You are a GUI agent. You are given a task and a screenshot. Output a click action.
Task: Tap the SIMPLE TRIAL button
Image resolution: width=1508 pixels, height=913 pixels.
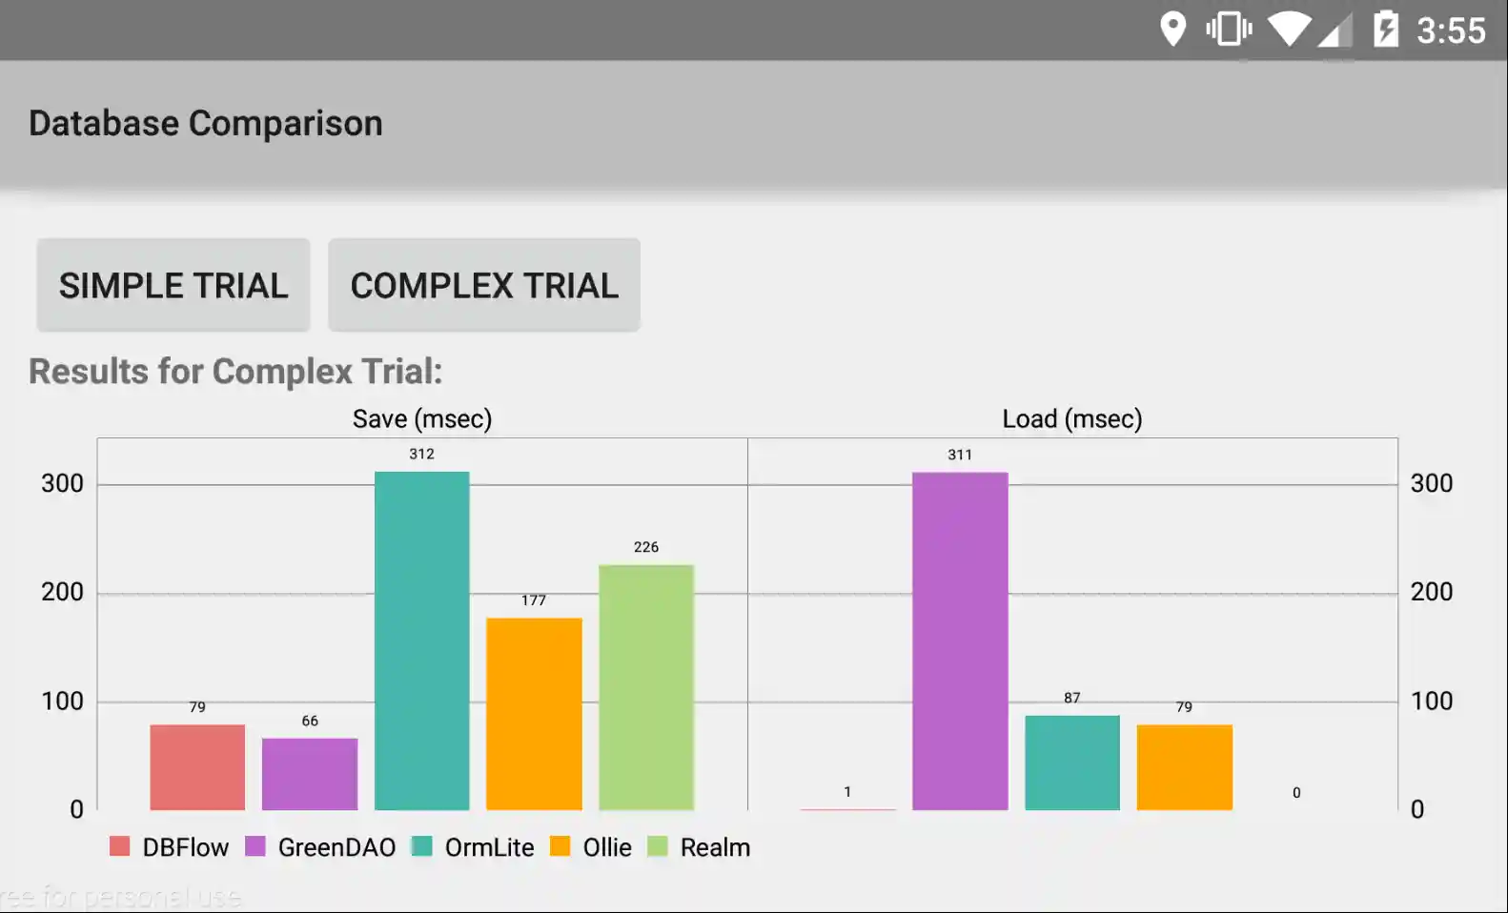[x=173, y=286]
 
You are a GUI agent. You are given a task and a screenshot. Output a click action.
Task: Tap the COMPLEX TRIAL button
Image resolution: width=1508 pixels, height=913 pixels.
[x=484, y=286]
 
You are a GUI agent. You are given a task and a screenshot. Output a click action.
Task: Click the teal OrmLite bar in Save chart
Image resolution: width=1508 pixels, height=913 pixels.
[x=421, y=640]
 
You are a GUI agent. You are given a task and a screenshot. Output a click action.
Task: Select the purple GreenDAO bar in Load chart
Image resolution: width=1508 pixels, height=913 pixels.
[x=960, y=640]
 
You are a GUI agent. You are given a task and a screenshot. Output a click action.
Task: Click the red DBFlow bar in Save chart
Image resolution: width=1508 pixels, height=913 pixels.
[x=197, y=767]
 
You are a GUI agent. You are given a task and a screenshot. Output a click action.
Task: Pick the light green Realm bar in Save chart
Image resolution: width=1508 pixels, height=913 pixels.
[x=646, y=687]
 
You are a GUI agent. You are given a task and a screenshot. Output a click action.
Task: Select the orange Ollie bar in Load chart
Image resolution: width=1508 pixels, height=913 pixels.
[x=1184, y=767]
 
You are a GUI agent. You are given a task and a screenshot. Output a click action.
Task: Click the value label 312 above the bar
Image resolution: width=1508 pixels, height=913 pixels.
[x=421, y=455]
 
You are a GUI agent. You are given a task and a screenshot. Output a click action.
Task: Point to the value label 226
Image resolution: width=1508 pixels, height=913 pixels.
[x=646, y=547]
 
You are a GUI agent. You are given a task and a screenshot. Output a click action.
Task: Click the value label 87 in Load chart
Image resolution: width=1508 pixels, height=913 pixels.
[x=1072, y=698]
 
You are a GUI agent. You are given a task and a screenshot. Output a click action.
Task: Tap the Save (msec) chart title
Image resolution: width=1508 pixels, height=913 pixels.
[x=422, y=419]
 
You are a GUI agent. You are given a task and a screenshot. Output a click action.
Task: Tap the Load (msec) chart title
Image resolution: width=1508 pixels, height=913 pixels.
[x=1072, y=419]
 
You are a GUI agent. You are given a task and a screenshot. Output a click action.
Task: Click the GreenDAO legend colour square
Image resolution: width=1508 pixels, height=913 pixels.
[x=255, y=846]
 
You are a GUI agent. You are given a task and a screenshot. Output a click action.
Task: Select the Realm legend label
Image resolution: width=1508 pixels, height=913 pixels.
[x=715, y=847]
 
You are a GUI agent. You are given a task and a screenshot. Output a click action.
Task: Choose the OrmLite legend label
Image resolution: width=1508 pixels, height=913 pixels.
[x=489, y=847]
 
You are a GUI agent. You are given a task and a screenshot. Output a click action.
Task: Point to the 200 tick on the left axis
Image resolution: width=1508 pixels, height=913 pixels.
[x=63, y=592]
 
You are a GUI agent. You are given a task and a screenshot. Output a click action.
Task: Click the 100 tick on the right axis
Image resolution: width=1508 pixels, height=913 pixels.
[x=1431, y=701]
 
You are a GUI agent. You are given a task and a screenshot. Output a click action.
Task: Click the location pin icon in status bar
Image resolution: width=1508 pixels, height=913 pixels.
[x=1172, y=29]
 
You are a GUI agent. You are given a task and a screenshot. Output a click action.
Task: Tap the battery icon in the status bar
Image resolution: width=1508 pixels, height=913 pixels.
[x=1386, y=29]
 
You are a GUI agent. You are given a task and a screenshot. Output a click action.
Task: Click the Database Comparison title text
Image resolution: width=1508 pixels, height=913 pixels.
[x=206, y=124]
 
